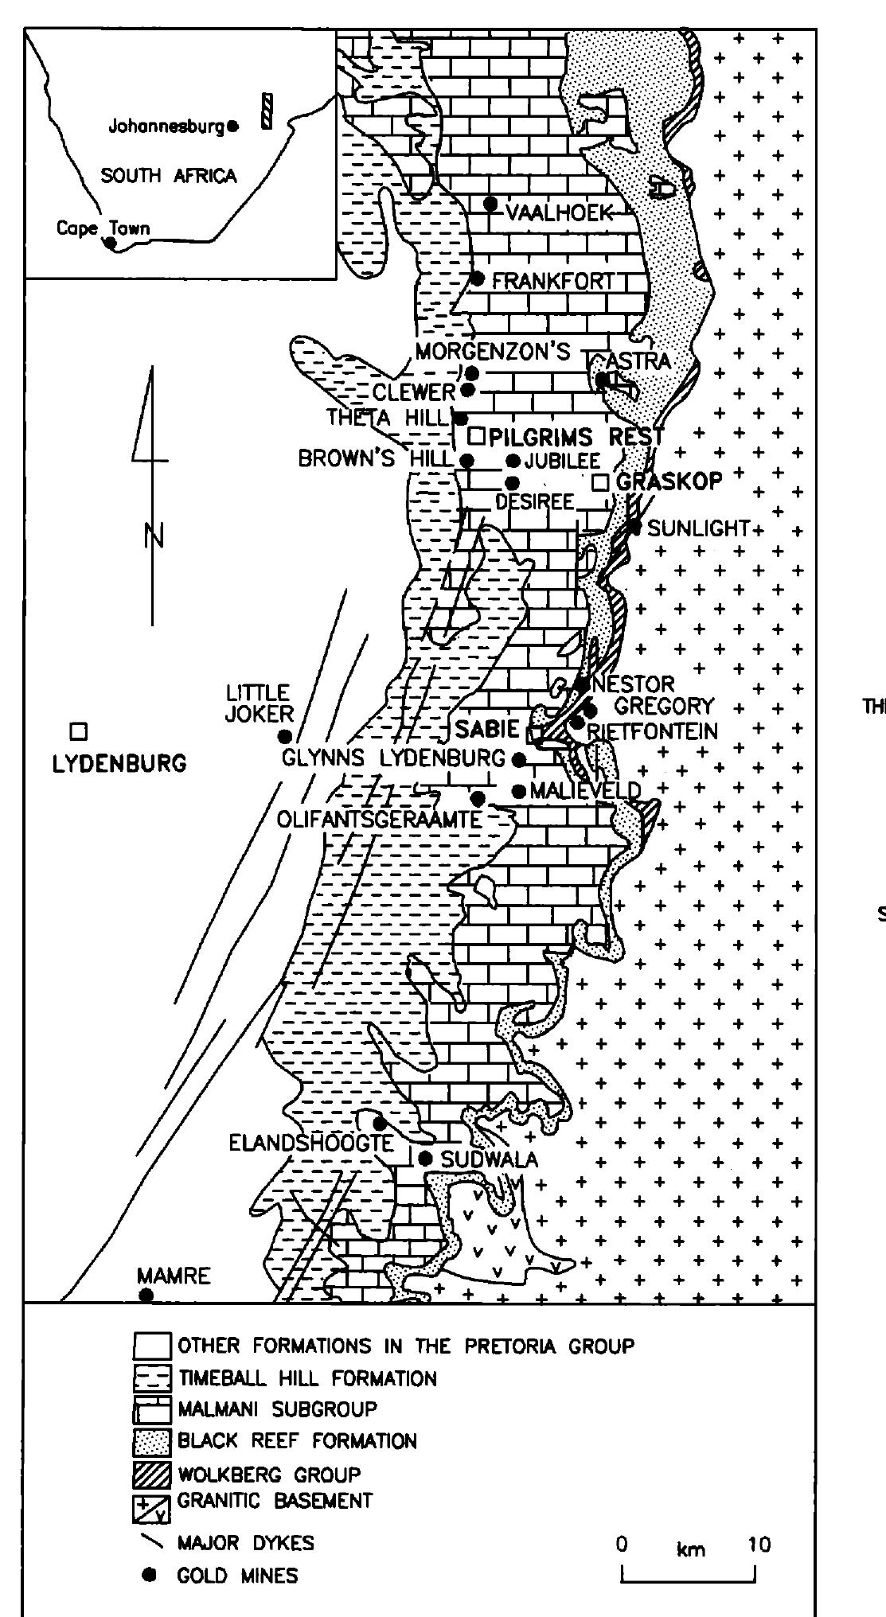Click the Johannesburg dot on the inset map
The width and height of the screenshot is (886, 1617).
click(x=232, y=125)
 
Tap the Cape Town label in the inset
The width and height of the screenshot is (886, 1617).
click(x=102, y=229)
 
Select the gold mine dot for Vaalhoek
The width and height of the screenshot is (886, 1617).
click(x=491, y=204)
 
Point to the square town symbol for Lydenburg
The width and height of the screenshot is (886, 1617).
click(x=78, y=731)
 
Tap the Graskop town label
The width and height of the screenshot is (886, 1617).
click(x=669, y=481)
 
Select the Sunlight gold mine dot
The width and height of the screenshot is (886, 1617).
click(x=634, y=526)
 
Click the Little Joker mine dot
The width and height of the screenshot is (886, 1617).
click(x=284, y=736)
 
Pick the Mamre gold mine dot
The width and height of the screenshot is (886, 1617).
click(x=146, y=1295)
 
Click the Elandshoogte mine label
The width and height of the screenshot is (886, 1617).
click(x=310, y=1144)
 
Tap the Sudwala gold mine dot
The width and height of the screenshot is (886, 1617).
click(x=426, y=1159)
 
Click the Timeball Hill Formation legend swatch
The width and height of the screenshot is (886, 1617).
click(x=151, y=1379)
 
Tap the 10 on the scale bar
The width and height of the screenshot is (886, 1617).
click(x=759, y=1545)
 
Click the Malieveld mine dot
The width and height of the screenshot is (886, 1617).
click(x=518, y=791)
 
